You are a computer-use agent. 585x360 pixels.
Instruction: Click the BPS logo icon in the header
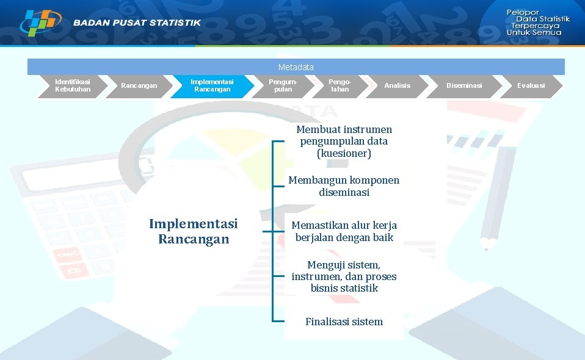click(40, 23)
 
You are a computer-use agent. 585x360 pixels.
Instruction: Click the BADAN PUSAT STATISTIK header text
click(137, 23)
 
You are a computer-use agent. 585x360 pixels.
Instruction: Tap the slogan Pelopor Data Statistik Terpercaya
click(537, 23)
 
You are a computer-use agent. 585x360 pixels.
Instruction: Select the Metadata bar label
click(296, 67)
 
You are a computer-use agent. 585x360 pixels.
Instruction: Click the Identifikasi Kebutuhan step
click(72, 85)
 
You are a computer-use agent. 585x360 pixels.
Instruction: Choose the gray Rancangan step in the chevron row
click(139, 85)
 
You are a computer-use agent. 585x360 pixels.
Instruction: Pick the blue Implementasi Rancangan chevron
click(212, 85)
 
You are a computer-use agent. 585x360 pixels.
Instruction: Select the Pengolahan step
click(340, 85)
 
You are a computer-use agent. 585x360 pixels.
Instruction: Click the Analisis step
click(397, 85)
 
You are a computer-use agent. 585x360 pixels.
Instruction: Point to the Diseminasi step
click(464, 85)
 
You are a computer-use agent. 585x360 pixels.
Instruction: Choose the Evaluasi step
click(531, 85)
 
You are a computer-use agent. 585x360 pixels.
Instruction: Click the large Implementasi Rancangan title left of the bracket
click(193, 231)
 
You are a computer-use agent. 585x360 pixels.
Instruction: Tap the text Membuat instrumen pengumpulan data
click(344, 135)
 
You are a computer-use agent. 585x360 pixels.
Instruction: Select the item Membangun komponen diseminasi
click(344, 186)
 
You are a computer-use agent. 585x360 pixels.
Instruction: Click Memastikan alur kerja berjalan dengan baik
click(344, 231)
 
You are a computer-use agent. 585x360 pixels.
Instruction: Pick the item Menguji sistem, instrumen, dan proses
click(344, 276)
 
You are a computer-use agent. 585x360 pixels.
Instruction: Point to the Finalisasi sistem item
click(344, 322)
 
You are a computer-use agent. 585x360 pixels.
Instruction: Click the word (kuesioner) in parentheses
click(344, 153)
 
